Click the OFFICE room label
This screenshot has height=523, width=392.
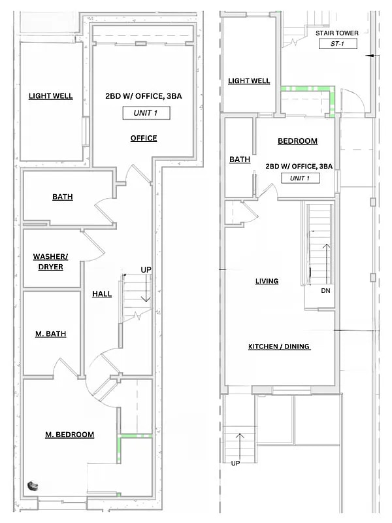click(144, 138)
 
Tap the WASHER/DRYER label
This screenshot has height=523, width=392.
click(51, 261)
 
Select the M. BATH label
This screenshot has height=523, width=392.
click(51, 334)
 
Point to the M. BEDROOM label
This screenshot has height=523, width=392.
click(70, 435)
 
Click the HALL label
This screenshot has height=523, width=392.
click(102, 294)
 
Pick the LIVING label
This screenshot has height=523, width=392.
click(267, 281)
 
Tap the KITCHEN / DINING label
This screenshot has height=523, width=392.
click(279, 346)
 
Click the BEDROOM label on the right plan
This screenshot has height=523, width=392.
click(298, 141)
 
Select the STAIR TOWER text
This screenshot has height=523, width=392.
click(337, 33)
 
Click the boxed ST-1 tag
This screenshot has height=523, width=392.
click(338, 44)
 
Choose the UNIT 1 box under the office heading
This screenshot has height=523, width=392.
click(146, 113)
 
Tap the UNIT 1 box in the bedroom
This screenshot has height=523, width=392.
click(300, 178)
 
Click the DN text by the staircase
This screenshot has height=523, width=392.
click(325, 291)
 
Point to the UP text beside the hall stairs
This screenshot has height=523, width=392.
click(146, 269)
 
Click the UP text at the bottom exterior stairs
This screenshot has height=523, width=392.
click(235, 464)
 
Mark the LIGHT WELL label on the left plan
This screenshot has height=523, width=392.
click(51, 96)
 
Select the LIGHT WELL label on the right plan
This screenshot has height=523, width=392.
click(249, 80)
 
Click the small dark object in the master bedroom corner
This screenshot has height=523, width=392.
click(33, 486)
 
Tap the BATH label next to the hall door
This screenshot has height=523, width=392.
click(63, 197)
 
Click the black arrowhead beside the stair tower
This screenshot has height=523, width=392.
click(369, 56)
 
